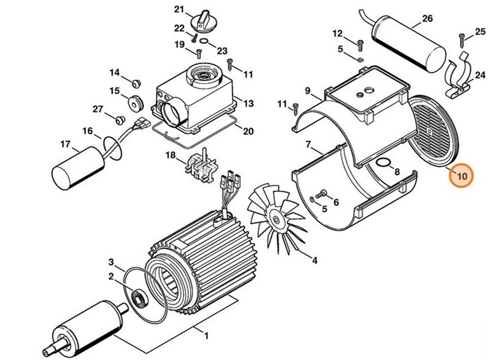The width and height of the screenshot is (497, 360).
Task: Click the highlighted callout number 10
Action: [x=461, y=177]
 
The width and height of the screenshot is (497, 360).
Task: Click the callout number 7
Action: [x=308, y=144]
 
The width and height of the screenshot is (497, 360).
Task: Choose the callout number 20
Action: [x=248, y=131]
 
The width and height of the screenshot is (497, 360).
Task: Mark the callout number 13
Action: [x=248, y=104]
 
